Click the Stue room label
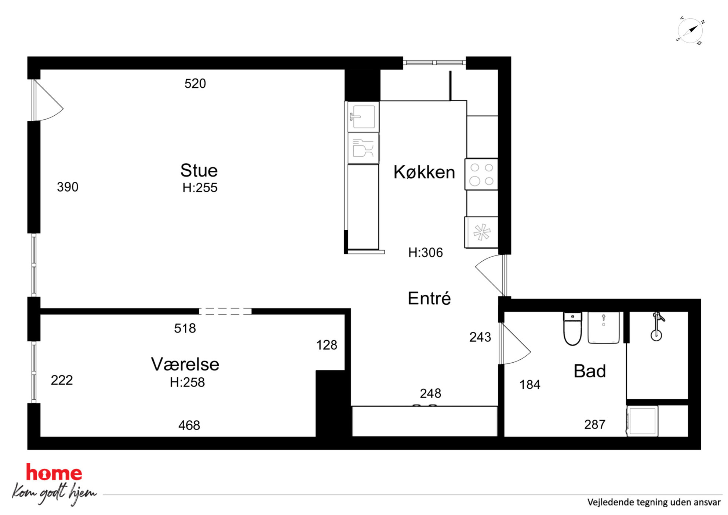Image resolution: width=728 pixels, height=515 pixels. click(199, 171)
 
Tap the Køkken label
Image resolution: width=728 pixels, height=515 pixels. click(424, 172)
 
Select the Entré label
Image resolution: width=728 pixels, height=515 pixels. click(429, 298)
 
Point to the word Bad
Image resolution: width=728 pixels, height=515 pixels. click(590, 371)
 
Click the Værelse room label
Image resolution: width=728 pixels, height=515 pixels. click(185, 364)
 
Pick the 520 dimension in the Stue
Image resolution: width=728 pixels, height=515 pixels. click(195, 84)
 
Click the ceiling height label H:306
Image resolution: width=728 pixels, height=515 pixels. click(426, 253)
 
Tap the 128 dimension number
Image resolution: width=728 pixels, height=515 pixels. click(327, 345)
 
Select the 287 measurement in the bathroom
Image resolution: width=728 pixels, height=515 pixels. click(595, 424)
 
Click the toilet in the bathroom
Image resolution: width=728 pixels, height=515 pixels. click(572, 329)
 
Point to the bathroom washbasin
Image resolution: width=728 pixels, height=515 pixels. click(604, 328)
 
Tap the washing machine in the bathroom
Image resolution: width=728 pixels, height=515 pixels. click(642, 421)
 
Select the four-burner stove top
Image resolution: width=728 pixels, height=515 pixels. click(481, 174)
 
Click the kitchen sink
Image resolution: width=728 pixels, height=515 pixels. click(363, 117)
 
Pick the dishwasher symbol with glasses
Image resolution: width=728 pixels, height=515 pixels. click(363, 148)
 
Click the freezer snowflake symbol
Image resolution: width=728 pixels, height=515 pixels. click(481, 232)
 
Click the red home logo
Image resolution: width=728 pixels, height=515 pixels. click(54, 472)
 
